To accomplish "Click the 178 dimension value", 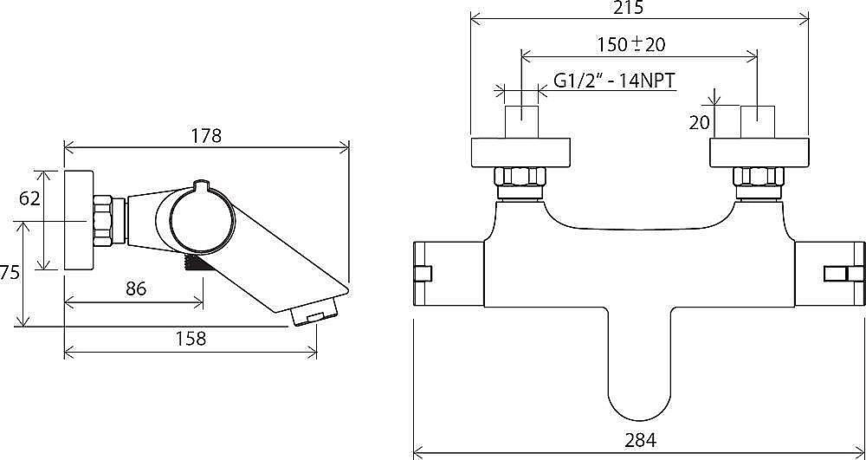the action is point(207,136).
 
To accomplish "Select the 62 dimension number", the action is point(29,198).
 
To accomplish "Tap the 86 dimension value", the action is point(136,288).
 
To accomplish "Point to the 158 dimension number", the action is point(191,338).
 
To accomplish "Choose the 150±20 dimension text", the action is point(631,44).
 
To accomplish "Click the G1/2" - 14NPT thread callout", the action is point(614,81).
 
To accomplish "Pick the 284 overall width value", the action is point(641,440).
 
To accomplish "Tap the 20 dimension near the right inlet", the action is point(699,123).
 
